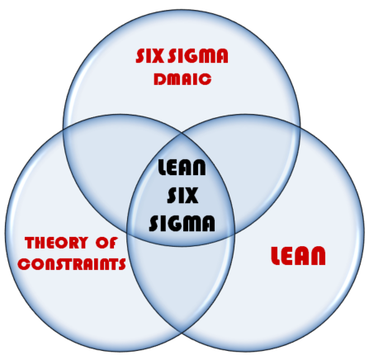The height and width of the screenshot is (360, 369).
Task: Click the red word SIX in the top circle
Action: pos(149,56)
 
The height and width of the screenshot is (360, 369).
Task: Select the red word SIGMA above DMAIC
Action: pos(198,56)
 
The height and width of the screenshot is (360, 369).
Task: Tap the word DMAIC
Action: pos(182,79)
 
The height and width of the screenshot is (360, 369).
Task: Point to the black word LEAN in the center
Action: pos(182,168)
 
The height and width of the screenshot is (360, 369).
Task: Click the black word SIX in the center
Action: pos(182,195)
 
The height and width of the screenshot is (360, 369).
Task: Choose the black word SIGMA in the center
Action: pos(182,223)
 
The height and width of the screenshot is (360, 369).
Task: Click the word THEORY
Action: pos(56,243)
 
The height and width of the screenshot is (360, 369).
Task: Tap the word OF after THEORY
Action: pos(106,243)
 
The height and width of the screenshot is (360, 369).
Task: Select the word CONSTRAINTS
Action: pos(72,264)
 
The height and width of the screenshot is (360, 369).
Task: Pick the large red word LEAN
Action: pos(298,256)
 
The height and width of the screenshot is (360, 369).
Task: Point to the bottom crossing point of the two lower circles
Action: pos(182,334)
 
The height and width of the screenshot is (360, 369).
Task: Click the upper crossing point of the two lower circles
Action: pos(182,133)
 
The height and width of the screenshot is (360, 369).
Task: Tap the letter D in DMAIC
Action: pos(158,79)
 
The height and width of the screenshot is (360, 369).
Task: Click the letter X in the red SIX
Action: pos(156,56)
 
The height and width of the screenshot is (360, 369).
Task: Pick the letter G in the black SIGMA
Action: pos(176,223)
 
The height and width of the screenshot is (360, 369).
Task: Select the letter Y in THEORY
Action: pos(83,243)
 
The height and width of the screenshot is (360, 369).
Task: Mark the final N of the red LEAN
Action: pos(319,256)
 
